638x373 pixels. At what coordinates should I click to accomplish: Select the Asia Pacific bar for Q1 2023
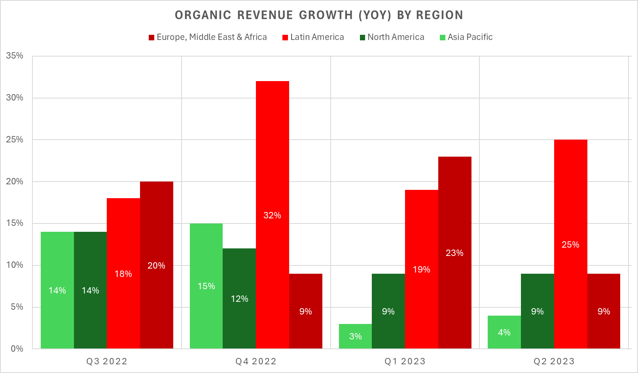click(355, 336)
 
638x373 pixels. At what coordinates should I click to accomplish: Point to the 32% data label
click(272, 216)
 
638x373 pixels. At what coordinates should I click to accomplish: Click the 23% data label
click(454, 253)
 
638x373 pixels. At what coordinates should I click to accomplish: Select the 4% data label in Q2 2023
click(504, 333)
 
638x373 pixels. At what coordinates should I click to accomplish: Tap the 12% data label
click(239, 299)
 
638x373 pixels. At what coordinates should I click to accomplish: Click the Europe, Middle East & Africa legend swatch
click(151, 38)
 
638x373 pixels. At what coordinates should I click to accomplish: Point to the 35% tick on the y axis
click(15, 56)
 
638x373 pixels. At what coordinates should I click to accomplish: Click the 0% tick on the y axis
click(17, 349)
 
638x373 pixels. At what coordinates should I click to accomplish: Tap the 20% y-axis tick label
click(15, 182)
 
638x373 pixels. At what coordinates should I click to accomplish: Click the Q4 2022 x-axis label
click(256, 362)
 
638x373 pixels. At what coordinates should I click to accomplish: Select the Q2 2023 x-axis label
click(554, 362)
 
